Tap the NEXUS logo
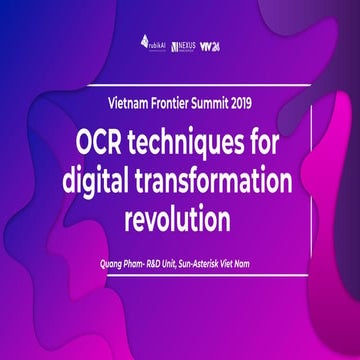point(182,46)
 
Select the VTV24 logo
point(210,46)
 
